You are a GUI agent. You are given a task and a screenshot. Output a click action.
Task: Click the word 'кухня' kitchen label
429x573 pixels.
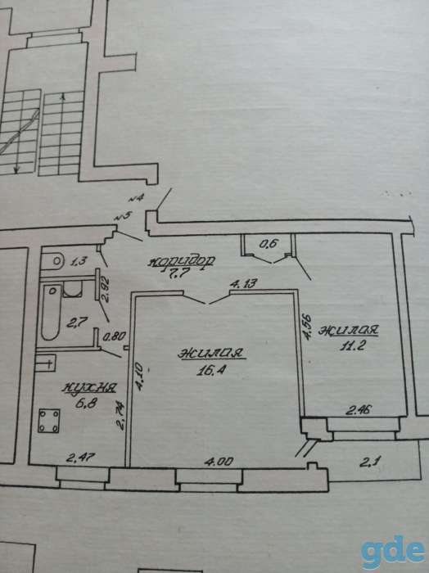tap(89, 388)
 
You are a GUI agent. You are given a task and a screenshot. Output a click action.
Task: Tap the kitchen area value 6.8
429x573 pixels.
tap(85, 404)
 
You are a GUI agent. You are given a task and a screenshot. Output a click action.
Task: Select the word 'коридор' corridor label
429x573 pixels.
tap(182, 261)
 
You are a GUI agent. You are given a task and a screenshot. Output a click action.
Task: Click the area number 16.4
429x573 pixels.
tap(211, 370)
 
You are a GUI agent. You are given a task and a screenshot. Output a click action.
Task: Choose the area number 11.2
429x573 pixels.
tap(352, 345)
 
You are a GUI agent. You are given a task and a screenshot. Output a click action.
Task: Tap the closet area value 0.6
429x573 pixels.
tap(269, 244)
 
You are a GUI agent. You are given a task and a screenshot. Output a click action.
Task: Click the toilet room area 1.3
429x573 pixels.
tap(78, 261)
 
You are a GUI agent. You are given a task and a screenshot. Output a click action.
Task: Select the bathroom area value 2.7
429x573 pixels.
tap(77, 323)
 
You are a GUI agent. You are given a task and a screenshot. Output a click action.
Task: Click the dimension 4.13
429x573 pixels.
tap(243, 283)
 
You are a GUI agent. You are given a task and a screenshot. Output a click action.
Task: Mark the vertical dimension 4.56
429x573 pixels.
tap(307, 327)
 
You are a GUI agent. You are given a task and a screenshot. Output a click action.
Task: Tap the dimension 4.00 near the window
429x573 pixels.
tap(219, 462)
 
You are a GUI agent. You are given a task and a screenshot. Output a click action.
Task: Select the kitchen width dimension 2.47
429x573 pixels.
tap(80, 458)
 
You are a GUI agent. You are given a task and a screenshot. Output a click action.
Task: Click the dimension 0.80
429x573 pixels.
tap(115, 336)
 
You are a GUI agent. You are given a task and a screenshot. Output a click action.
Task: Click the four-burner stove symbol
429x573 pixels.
tap(49, 421)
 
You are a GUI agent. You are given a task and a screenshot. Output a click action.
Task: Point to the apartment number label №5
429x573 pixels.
tap(123, 216)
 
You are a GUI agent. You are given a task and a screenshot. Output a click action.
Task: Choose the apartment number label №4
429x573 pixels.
tap(136, 198)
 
